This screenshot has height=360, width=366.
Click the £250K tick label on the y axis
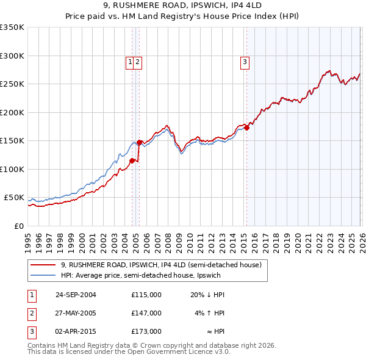coord(12,84)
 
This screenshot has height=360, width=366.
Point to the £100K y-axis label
coord(12,169)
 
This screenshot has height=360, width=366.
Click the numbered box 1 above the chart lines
coord(130,62)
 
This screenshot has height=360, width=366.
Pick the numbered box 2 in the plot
coord(138,62)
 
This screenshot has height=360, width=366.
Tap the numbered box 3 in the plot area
coord(245,62)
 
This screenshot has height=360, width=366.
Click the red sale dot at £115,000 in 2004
coord(132,161)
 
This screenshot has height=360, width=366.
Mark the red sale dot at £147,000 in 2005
coord(139,143)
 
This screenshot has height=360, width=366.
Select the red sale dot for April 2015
coord(246,128)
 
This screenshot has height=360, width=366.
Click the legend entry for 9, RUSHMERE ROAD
coord(161,265)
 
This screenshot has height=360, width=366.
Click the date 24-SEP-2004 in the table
coord(76,295)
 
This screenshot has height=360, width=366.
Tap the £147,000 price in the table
coord(146,313)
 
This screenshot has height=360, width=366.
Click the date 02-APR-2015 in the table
coord(76,331)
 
